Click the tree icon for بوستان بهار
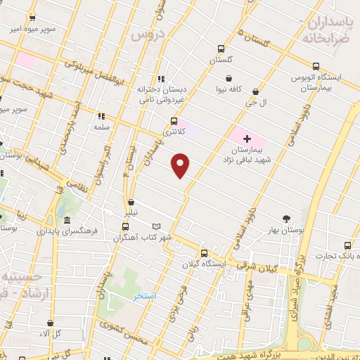pos(286,219)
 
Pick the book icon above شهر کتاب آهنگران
pos(156,226)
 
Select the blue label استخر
pos(146,296)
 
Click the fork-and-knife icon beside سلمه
pos(101,116)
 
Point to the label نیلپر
pos(141,212)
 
